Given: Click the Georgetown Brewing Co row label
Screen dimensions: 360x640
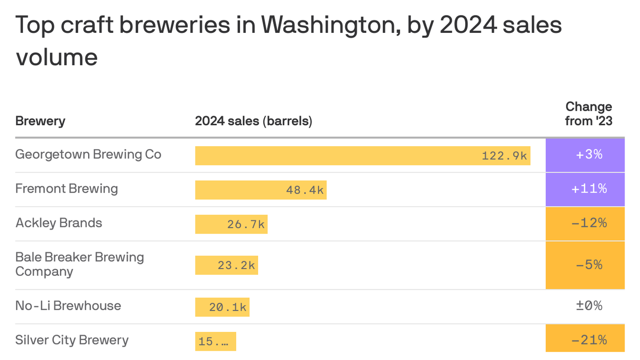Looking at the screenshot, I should tap(88, 154).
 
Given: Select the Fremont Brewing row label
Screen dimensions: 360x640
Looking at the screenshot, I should tap(67, 188).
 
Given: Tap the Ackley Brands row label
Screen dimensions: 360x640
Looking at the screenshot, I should tap(59, 223).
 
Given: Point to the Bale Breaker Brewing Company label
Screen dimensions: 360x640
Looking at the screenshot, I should tap(79, 264).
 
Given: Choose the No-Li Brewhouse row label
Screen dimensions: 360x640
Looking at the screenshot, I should tap(68, 306).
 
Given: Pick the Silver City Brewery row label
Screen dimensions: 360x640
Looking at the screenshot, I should tap(72, 340).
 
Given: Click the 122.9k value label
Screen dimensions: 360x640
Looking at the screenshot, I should tap(504, 156).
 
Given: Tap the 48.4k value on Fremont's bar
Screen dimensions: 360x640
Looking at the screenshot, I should tap(305, 190).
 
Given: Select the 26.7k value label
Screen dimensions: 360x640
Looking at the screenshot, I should tap(246, 225).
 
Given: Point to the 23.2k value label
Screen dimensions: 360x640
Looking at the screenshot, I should tap(236, 265).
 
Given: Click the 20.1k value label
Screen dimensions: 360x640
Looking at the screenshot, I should tap(228, 307).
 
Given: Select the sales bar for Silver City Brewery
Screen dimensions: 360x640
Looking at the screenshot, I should tap(216, 342).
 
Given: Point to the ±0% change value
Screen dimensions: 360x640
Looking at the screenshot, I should tap(589, 306).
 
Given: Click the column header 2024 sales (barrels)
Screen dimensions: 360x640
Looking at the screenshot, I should tap(253, 121).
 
